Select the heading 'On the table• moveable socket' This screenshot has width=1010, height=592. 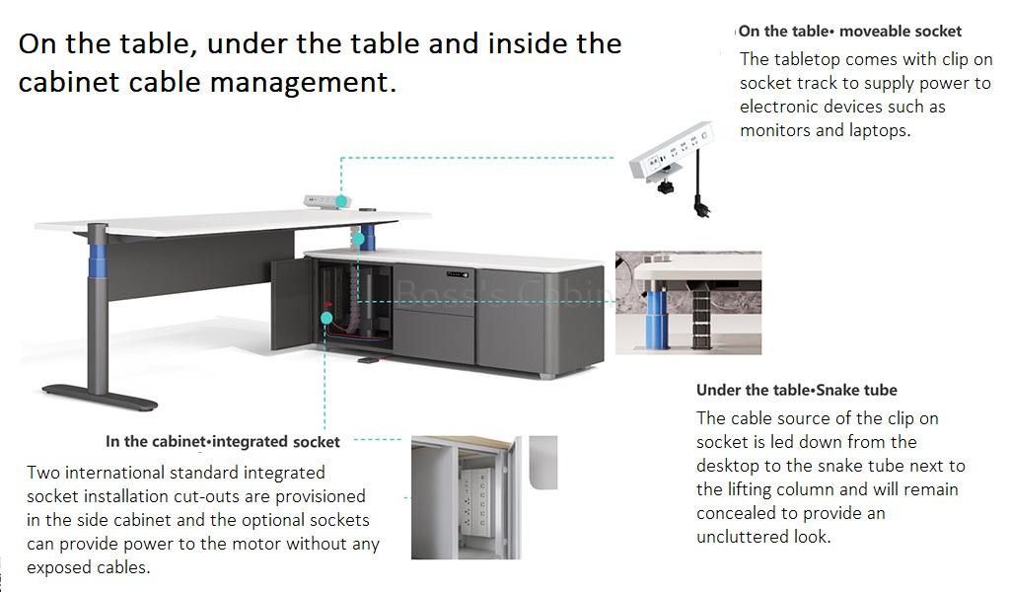tap(850, 32)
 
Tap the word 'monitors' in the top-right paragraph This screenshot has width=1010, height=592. tap(775, 130)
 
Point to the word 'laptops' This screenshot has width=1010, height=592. tap(877, 130)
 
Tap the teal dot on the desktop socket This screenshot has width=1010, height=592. tap(341, 201)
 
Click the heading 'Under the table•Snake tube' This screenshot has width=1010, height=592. tap(796, 390)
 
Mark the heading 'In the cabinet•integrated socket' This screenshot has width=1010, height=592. tap(223, 441)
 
